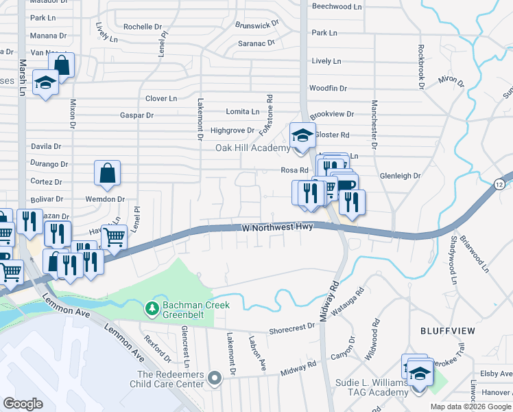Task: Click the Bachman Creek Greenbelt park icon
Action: point(152,309)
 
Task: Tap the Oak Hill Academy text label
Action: point(253,148)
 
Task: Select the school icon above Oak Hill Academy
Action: point(301,135)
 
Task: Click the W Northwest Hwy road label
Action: point(278,227)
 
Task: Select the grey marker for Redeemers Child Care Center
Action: point(215,378)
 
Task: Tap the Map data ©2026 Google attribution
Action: point(470,407)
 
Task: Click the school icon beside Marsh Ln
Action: point(46,84)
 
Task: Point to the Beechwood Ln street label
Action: point(337,5)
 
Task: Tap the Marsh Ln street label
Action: point(23,76)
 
